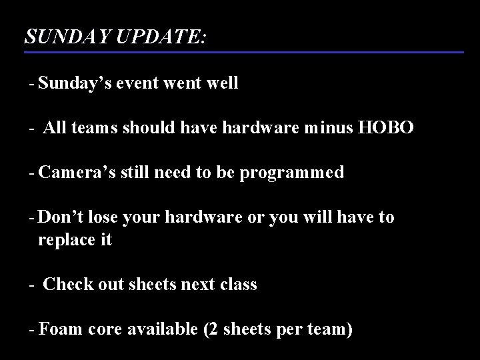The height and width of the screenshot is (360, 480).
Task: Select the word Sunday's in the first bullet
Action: [76, 83]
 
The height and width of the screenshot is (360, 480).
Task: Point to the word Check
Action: [65, 284]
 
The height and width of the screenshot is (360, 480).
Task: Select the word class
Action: [237, 284]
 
